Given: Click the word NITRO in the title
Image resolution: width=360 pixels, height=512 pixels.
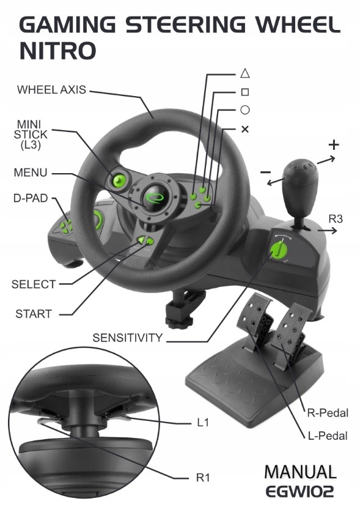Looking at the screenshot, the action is click(x=58, y=51).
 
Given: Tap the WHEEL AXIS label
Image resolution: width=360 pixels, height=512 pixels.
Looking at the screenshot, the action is click(x=51, y=89).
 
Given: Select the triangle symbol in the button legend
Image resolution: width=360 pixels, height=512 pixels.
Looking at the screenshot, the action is click(x=244, y=73).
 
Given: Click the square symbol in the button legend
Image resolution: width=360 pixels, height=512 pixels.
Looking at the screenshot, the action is click(x=244, y=92).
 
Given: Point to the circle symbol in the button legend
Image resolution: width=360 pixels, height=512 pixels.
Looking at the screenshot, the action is click(x=244, y=110).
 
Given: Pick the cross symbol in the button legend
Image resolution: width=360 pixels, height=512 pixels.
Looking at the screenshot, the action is click(x=244, y=129).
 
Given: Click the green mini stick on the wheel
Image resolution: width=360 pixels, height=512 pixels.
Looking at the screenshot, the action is click(x=119, y=179).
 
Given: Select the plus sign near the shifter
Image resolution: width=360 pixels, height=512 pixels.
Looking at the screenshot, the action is click(x=334, y=144).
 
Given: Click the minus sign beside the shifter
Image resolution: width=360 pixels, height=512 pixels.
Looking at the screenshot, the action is click(x=265, y=172).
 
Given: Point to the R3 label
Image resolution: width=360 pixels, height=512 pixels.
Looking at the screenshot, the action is click(x=336, y=218).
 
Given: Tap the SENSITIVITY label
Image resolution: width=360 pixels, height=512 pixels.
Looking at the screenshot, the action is click(x=127, y=338).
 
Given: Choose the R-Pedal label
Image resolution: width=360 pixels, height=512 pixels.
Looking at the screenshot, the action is click(x=328, y=413).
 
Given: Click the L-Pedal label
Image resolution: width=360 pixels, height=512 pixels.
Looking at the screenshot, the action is click(x=328, y=436).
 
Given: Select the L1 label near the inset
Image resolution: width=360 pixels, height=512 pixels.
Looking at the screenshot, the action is click(x=203, y=423).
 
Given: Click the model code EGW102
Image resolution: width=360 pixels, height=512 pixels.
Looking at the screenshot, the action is click(x=300, y=491).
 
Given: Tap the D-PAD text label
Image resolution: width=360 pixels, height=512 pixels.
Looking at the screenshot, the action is click(x=31, y=198).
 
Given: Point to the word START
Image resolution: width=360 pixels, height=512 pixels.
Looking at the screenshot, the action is click(x=34, y=314).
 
